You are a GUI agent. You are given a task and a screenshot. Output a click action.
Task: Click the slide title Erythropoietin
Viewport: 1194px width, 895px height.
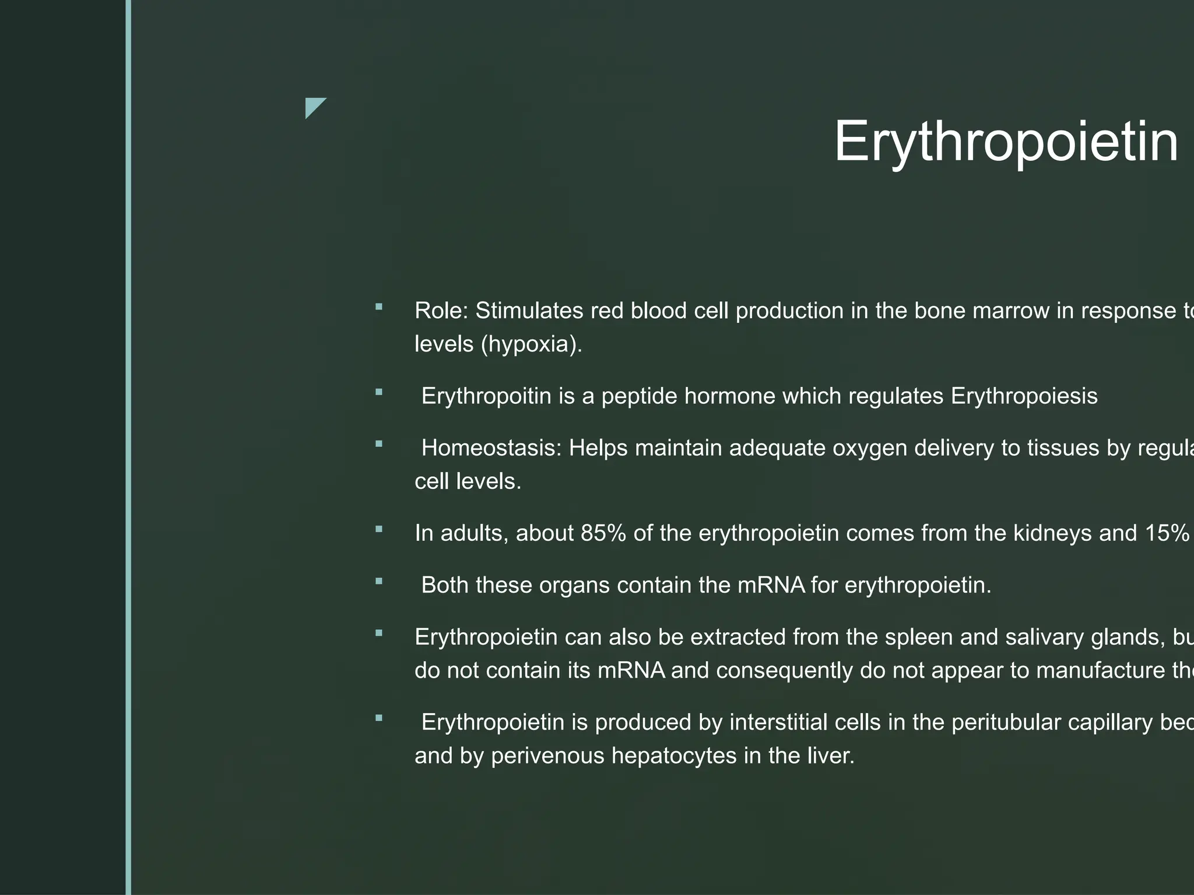click(1006, 142)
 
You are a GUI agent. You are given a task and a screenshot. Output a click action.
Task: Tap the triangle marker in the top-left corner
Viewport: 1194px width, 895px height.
click(314, 107)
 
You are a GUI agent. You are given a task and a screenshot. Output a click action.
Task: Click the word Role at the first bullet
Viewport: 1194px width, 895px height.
click(440, 311)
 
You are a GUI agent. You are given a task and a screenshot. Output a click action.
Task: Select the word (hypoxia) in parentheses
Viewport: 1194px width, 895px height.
click(531, 344)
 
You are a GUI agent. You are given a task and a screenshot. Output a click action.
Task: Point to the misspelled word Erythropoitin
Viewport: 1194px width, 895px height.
click(486, 396)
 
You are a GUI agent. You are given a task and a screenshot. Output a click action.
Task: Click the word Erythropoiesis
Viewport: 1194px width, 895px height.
click(1024, 396)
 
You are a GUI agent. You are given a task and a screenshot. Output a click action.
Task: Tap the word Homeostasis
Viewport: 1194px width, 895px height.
click(491, 448)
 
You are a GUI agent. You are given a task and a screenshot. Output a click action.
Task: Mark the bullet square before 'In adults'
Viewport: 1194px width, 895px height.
click(379, 530)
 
